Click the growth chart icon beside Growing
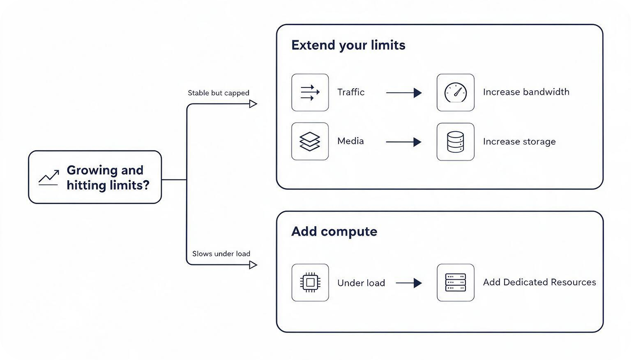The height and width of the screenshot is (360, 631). (49, 178)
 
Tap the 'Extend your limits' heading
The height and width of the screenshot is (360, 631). (348, 45)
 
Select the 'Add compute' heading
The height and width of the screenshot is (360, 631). (334, 232)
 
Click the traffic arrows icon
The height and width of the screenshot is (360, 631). (310, 92)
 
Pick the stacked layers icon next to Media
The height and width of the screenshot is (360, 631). (310, 142)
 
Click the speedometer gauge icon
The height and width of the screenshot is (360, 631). (455, 92)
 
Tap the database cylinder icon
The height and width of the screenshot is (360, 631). (455, 142)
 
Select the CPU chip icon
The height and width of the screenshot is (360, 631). (310, 282)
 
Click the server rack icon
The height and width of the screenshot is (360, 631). (455, 282)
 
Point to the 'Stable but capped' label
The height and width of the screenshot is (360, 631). (218, 93)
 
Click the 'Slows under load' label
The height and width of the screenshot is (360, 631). (221, 254)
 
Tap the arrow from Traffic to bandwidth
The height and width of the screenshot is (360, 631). (404, 93)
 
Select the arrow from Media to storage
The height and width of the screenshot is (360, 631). (404, 142)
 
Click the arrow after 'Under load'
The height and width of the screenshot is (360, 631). (409, 283)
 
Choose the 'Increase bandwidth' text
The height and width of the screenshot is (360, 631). (526, 92)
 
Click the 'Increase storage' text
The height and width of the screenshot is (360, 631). (519, 142)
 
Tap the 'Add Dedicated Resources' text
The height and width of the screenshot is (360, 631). (539, 282)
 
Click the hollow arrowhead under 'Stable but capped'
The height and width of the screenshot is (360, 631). (253, 104)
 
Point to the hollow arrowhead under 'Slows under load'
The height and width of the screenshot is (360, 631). (253, 265)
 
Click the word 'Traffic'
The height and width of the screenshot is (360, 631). (351, 92)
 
